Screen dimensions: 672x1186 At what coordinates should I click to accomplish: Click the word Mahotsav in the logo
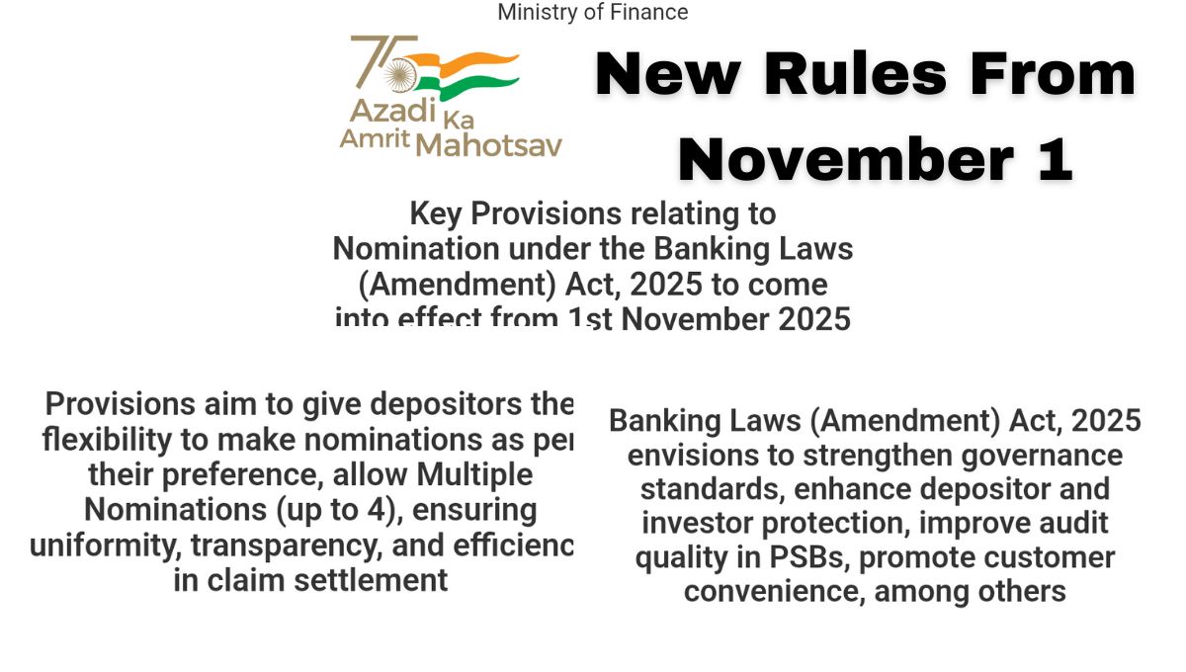pos(488,144)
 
